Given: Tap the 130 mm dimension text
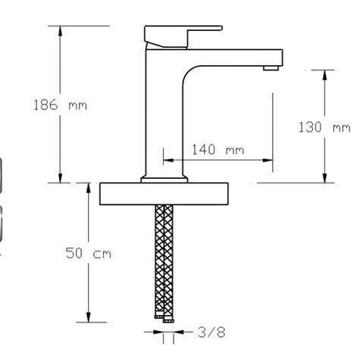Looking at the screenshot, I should tap(325, 126).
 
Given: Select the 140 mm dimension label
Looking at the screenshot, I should tap(218, 149).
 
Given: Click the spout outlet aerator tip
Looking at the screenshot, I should tap(270, 69).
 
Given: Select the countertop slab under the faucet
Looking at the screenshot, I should tap(164, 194).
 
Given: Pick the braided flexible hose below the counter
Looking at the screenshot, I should tap(164, 257).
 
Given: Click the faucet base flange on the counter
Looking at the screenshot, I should tap(164, 179).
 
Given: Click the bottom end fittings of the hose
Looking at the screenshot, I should tap(164, 317).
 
